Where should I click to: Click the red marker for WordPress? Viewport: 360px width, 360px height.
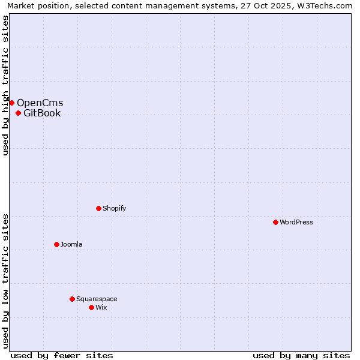275,222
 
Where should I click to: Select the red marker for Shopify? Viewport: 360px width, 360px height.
98,208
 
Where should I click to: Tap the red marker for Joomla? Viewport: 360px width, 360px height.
56,244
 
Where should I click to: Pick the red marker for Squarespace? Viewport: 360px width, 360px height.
72,299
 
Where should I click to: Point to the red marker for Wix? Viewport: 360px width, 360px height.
91,307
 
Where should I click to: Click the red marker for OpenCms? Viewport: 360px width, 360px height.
11,103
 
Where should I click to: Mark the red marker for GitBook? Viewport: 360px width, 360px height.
18,113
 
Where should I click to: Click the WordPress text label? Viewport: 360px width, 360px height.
296,222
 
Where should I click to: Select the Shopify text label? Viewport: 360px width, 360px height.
114,208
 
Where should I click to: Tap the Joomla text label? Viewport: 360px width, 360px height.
71,244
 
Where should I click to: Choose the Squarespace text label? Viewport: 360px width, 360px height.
97,299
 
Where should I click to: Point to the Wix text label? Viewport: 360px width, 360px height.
101,307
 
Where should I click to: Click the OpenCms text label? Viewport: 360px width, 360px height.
40,103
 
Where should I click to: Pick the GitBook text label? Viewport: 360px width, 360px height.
42,113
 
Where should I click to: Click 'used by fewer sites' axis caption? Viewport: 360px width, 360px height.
62,355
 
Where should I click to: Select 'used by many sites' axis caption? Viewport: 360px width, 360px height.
301,355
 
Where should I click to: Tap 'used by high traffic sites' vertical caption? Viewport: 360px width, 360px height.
5,85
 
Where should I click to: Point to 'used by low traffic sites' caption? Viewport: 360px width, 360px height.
5,280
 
